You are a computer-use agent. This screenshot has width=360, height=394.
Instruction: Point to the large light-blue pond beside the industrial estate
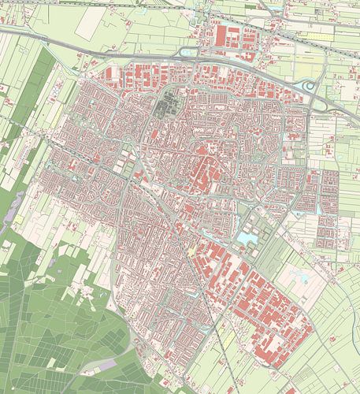(246, 236)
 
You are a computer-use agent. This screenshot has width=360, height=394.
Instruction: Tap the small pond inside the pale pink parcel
(299, 275)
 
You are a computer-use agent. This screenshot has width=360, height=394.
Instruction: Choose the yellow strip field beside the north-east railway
(315, 35)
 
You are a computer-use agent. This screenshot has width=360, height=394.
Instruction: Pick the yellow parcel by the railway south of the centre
(192, 250)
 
